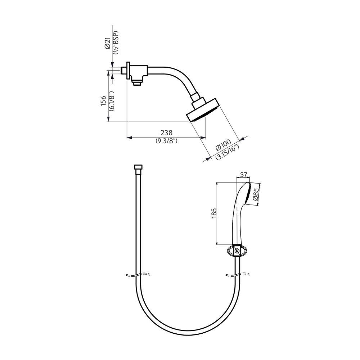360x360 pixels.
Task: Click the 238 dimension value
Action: click(166, 133)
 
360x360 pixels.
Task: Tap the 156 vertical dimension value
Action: click(103, 101)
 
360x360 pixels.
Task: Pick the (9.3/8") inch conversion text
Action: click(167, 141)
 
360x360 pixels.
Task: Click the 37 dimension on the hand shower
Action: click(244, 175)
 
